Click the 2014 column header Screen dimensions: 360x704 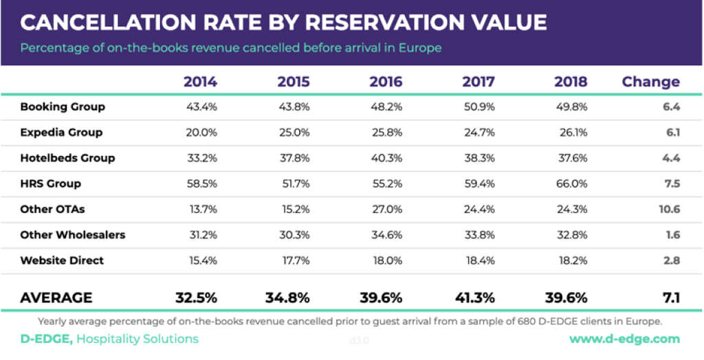(x=200, y=82)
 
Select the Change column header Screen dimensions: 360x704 (x=650, y=82)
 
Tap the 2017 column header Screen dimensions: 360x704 (x=478, y=82)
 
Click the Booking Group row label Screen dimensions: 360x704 (x=63, y=106)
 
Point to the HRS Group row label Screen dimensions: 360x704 (x=51, y=183)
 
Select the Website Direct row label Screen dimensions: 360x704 (x=62, y=260)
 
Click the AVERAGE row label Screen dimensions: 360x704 (x=56, y=298)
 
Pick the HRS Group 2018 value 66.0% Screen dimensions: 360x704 (x=572, y=183)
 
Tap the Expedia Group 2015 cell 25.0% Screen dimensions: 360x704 (x=294, y=133)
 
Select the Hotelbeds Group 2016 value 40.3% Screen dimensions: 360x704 (x=386, y=158)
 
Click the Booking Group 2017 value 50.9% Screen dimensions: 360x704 (x=479, y=106)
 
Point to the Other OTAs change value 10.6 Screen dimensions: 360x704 (x=669, y=209)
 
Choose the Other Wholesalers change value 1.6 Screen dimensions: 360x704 (x=672, y=235)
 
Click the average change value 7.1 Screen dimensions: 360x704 (x=670, y=298)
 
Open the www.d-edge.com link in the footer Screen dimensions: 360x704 (x=624, y=339)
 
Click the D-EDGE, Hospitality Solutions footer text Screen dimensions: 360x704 (x=109, y=339)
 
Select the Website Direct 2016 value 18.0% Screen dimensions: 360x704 (x=386, y=260)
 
